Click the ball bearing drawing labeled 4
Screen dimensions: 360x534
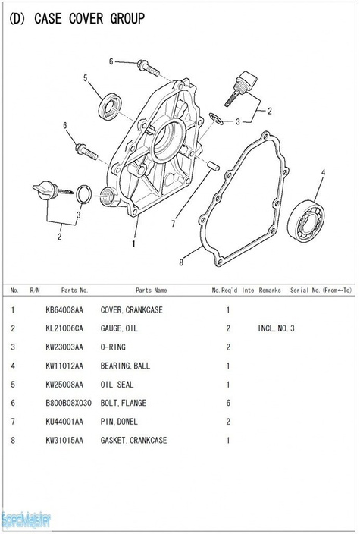(305, 222)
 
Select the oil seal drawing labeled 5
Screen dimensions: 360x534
(111, 106)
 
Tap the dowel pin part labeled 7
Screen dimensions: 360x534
(213, 165)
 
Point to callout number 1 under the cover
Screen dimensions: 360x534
(133, 243)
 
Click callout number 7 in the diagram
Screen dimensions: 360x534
(174, 224)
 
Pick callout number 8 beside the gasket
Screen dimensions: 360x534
(181, 262)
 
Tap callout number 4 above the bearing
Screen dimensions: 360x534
(323, 172)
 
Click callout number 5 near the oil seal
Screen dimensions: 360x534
(86, 78)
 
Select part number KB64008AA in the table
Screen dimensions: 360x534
(64, 310)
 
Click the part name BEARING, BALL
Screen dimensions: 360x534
(125, 366)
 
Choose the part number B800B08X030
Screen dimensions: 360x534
(68, 403)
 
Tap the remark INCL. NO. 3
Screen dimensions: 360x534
(276, 328)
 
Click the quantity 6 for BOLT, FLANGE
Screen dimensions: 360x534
(228, 403)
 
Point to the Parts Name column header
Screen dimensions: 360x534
(151, 291)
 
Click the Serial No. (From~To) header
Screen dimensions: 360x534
(321, 291)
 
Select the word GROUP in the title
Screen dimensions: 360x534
(127, 18)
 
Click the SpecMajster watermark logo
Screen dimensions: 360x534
(26, 520)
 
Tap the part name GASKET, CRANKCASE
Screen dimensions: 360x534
(133, 440)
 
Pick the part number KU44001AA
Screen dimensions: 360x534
(64, 422)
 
